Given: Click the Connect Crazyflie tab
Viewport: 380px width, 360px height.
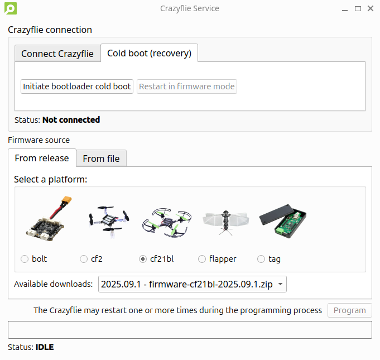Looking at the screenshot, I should click(x=57, y=54).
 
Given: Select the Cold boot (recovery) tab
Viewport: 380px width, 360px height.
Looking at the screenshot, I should click(x=149, y=53).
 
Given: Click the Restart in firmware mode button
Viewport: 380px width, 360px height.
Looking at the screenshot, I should click(x=187, y=87).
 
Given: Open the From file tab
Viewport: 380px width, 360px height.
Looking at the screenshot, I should click(x=101, y=159).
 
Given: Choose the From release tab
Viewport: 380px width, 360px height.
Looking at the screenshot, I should click(x=42, y=158).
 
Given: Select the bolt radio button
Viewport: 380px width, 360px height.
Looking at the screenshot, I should click(x=25, y=259).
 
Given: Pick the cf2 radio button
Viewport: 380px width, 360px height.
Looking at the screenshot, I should click(x=84, y=259).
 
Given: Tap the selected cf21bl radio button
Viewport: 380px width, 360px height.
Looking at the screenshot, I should click(x=143, y=259).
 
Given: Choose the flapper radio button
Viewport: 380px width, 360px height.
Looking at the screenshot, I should click(x=203, y=259).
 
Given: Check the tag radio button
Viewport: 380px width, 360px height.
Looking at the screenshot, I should click(x=261, y=259).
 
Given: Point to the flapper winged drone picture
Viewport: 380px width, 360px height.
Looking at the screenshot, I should click(x=225, y=222).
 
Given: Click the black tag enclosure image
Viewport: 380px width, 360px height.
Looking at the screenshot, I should click(x=283, y=222).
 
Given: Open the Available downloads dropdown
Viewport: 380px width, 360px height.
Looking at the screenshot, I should click(x=193, y=284).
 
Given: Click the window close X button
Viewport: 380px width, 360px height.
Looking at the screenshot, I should click(x=370, y=8).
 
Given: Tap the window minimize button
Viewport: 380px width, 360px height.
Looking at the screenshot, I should click(x=345, y=8).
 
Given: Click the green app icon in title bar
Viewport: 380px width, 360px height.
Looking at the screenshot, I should click(x=9, y=8).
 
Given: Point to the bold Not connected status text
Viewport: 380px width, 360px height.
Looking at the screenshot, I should click(x=71, y=119).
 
